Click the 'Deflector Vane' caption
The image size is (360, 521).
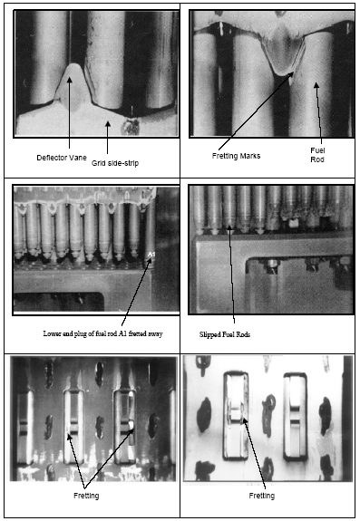(x=62, y=158)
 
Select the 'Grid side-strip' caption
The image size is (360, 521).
(x=115, y=163)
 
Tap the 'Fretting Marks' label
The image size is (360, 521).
(x=236, y=156)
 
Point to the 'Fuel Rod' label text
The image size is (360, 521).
(x=317, y=155)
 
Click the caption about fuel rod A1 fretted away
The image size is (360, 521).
(x=102, y=333)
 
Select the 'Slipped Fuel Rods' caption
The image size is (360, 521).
(x=225, y=334)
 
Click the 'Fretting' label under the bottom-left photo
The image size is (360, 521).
(x=86, y=496)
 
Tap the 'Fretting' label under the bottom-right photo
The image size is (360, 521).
(x=262, y=496)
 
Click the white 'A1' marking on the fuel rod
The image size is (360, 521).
(x=151, y=255)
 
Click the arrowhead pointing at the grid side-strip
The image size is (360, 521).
(x=107, y=124)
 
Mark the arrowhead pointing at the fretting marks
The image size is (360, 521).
(x=291, y=74)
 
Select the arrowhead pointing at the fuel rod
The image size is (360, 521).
(x=316, y=85)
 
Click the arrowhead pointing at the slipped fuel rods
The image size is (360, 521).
(x=229, y=227)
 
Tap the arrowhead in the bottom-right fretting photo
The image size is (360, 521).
(x=244, y=420)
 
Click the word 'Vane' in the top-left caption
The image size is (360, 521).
(x=80, y=158)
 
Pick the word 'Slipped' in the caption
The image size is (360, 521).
(x=208, y=334)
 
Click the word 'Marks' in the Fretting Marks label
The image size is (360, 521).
(x=251, y=156)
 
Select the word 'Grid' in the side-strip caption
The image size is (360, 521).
(x=97, y=163)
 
